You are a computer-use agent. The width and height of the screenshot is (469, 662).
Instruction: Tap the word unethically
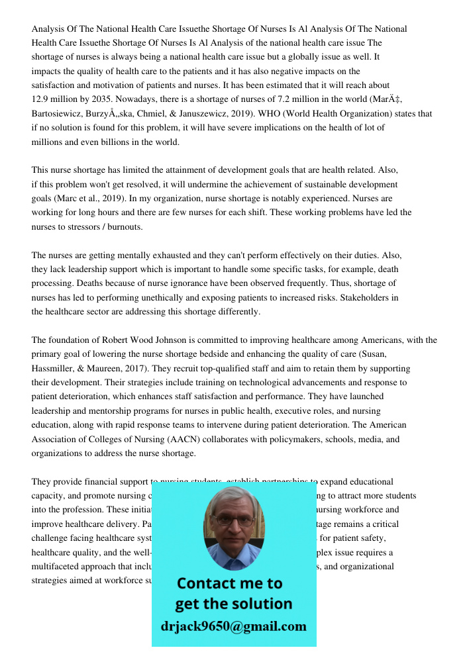(166, 298)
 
